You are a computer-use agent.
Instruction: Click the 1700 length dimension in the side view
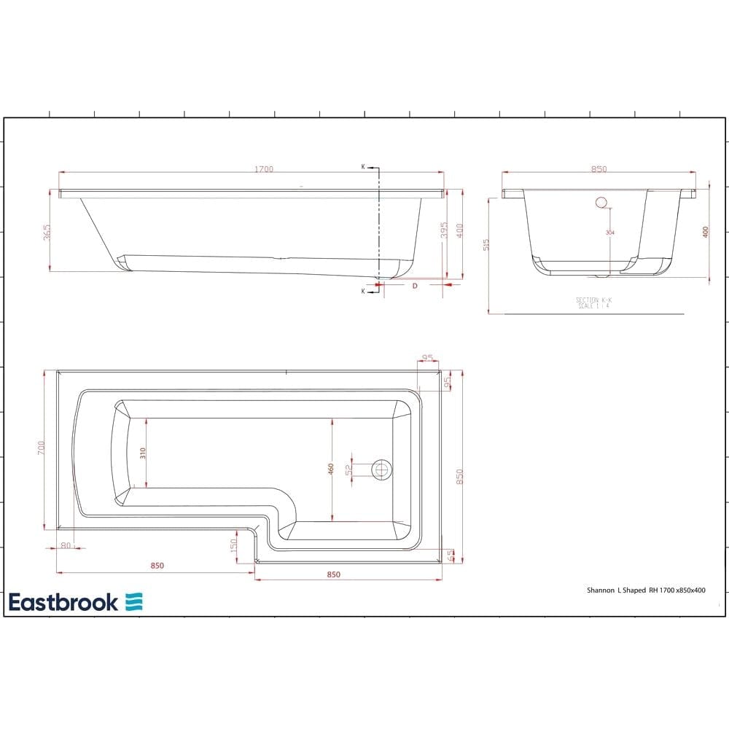(x=264, y=169)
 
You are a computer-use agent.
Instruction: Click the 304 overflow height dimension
(x=609, y=233)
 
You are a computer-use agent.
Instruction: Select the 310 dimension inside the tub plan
(x=144, y=453)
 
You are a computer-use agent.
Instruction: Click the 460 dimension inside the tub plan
(x=331, y=469)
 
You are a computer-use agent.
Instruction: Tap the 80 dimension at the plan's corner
(x=66, y=545)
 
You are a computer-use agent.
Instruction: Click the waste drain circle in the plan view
(x=381, y=469)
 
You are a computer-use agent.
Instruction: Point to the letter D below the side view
(x=415, y=286)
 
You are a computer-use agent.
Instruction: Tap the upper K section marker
(x=363, y=167)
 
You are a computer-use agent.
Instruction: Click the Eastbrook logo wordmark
(x=63, y=602)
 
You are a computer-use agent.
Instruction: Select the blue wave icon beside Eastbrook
(x=134, y=602)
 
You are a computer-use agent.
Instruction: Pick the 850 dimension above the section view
(x=599, y=169)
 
